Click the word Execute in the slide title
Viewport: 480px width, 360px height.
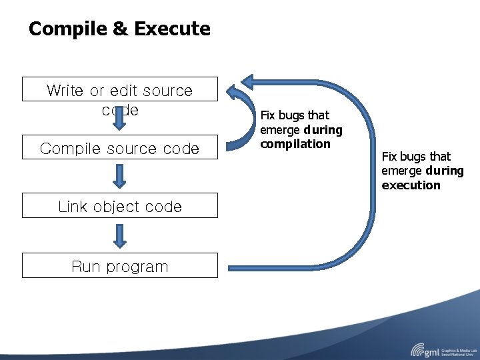pos(172,29)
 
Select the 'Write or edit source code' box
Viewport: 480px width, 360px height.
pos(120,89)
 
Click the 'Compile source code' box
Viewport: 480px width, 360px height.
pos(120,148)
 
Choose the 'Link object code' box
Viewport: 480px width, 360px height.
pos(120,206)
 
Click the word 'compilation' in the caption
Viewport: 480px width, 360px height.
pos(295,144)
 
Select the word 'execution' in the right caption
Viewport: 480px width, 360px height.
pos(411,185)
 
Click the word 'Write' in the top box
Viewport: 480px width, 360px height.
pos(65,91)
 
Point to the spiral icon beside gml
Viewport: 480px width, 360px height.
pos(418,349)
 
